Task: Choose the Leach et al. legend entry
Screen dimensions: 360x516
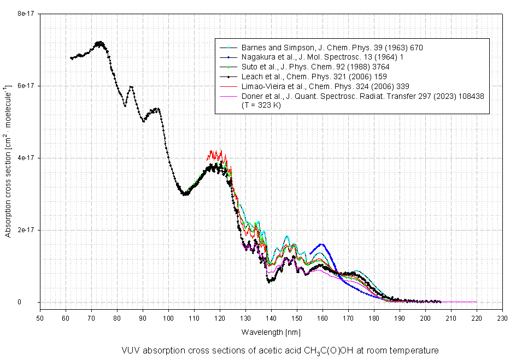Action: tap(323, 76)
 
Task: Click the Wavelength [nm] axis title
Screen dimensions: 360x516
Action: tap(271, 332)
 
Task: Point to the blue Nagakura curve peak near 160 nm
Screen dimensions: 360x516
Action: tap(321, 244)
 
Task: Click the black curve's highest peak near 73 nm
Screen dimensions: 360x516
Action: tap(99, 42)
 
